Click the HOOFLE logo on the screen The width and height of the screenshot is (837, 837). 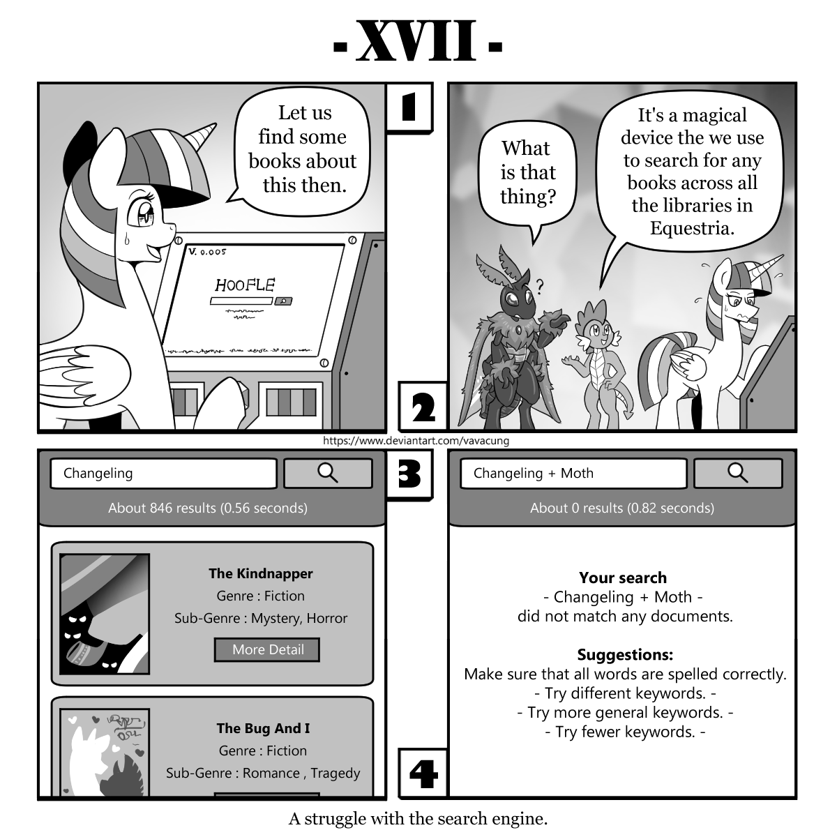pos(245,285)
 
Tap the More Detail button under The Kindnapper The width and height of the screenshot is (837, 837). pos(267,650)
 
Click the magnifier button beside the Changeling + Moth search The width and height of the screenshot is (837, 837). pos(738,473)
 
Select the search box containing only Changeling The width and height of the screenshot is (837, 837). pos(163,473)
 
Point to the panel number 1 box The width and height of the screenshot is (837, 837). pos(409,107)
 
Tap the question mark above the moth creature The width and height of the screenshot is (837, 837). pos(539,286)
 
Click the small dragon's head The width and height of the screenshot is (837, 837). pos(596,323)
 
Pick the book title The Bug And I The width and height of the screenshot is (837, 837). pos(263,728)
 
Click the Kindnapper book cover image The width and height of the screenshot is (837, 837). pos(105,614)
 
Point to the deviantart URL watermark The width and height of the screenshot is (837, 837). pos(416,440)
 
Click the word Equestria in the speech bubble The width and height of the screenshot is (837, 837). pos(692,228)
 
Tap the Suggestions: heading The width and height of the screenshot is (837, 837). pos(625,654)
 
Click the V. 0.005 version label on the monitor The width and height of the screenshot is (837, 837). pos(208,251)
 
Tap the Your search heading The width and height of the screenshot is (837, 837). pos(623,578)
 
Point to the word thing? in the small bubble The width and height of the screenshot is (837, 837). pos(528,196)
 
